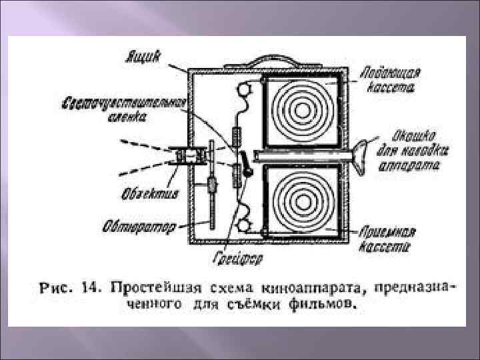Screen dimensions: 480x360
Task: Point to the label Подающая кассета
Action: point(390,79)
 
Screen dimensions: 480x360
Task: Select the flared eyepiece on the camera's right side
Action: point(363,156)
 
